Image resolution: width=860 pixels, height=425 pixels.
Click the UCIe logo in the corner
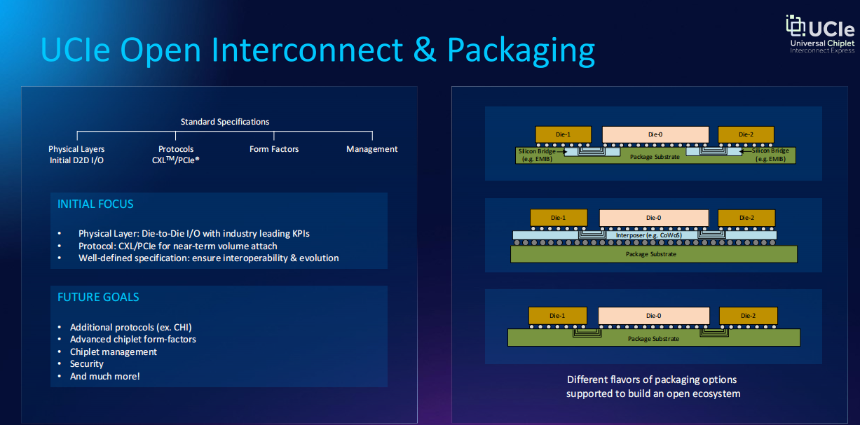[x=819, y=34]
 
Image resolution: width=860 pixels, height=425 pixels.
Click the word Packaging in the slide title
[x=521, y=50]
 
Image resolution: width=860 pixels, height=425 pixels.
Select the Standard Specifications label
[x=225, y=122]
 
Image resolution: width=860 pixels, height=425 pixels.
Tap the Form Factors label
[x=274, y=149]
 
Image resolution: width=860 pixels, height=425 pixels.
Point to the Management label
[x=371, y=149]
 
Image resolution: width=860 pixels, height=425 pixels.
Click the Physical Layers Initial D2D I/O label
[x=76, y=155]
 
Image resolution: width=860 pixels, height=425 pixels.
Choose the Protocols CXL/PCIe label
[x=176, y=155]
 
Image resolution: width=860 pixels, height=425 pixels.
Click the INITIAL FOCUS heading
[x=95, y=204]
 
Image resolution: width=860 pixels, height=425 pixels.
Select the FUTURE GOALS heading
[x=98, y=297]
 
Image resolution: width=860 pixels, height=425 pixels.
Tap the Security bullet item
[x=87, y=364]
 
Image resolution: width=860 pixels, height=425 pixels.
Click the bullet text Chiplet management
[x=113, y=351]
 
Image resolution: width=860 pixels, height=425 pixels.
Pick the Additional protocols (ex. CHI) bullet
[x=130, y=327]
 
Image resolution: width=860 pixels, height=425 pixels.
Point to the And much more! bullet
[x=104, y=376]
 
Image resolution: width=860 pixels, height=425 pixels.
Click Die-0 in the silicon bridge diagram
[x=655, y=134]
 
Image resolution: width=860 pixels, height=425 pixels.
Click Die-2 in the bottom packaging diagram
[x=748, y=316]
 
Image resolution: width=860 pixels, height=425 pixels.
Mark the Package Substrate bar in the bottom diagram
[x=653, y=338]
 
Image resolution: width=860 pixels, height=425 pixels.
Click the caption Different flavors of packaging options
[x=652, y=379]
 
